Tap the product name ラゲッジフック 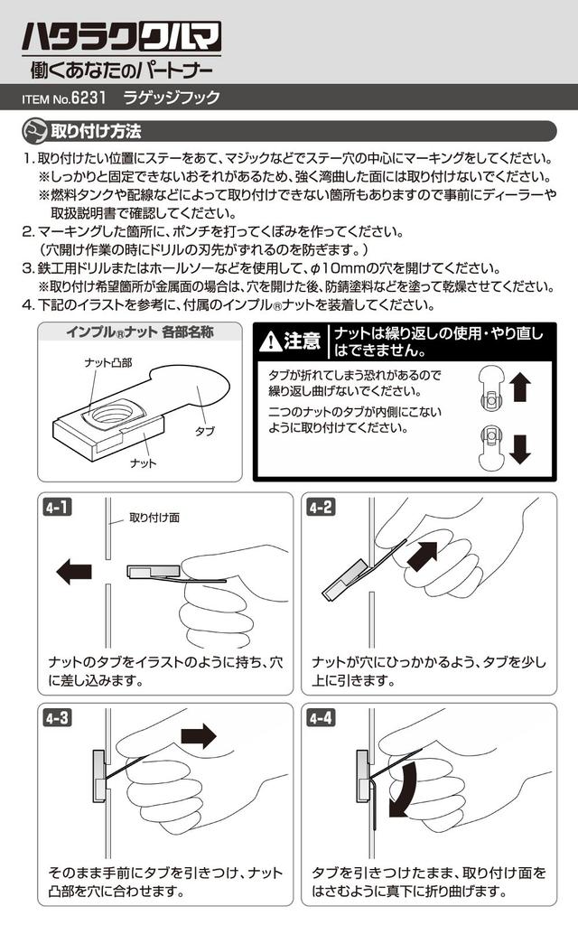[171, 98]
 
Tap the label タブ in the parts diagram [205, 432]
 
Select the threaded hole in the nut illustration [111, 415]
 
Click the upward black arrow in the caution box [520, 388]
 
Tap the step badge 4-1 [57, 508]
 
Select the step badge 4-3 [57, 719]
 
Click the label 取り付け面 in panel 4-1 [154, 518]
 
